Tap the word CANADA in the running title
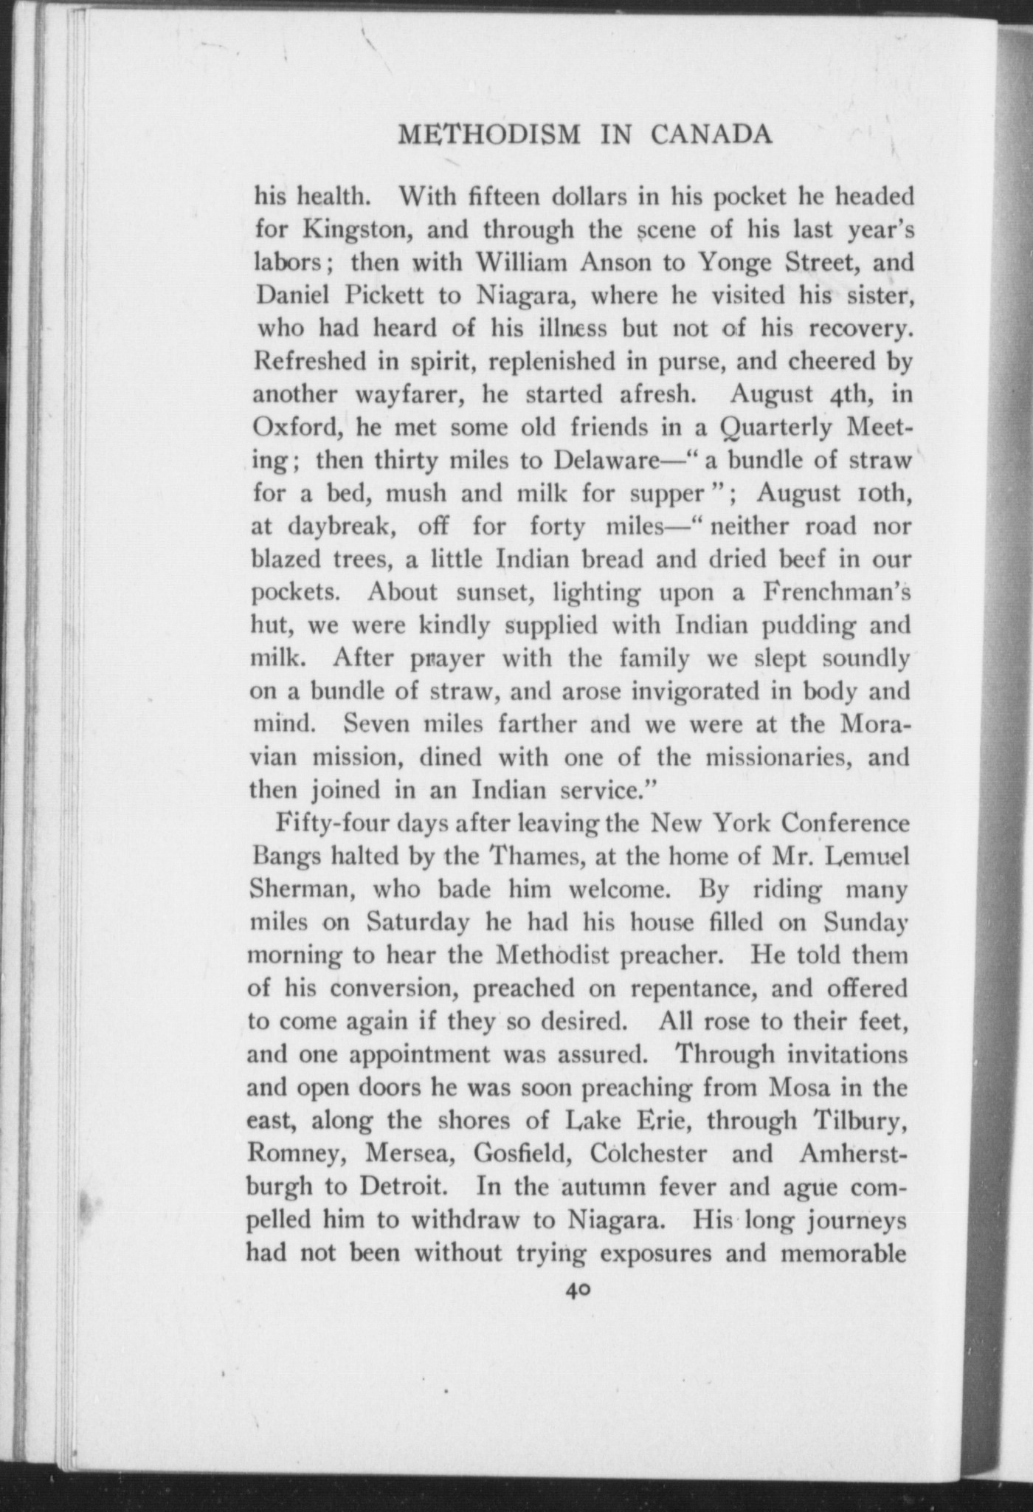711,135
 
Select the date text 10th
877,493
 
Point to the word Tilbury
860,1121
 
